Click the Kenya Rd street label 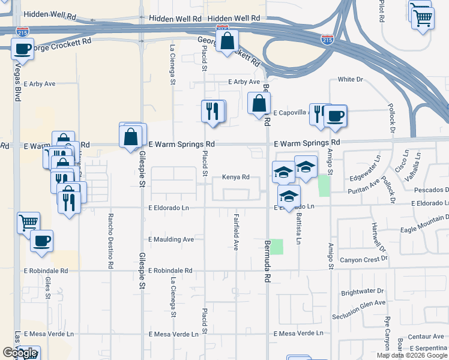pos(235,177)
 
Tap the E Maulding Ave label pos(171,239)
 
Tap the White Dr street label pos(351,79)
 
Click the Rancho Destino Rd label pos(110,242)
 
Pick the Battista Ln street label pos(298,229)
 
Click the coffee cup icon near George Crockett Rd pos(22,49)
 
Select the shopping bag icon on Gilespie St pos(130,136)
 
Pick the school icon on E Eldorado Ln pos(289,196)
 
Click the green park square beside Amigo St pos(324,185)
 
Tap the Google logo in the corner pos(20,353)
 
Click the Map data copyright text pos(411,355)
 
